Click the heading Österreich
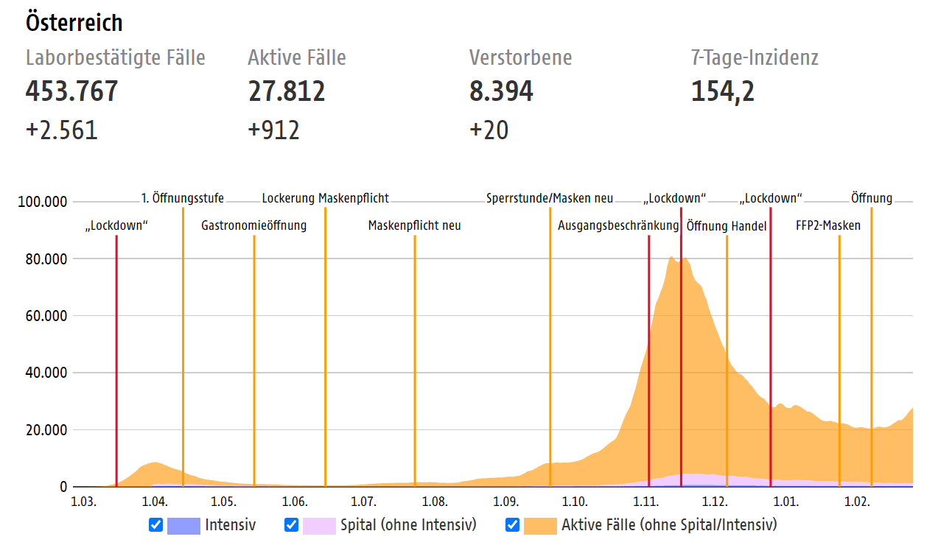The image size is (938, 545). click(x=74, y=23)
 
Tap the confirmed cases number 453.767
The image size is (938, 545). click(x=71, y=91)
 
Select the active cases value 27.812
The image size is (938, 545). click(x=286, y=91)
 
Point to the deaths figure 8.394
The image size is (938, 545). click(x=501, y=91)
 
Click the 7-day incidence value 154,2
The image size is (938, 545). click(x=722, y=91)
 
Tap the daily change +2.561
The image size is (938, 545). click(x=61, y=130)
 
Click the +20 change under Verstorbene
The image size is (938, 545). click(x=489, y=130)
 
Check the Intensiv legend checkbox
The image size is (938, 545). click(x=155, y=525)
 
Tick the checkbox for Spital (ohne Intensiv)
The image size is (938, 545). click(x=291, y=525)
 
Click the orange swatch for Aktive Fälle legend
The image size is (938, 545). click(x=539, y=525)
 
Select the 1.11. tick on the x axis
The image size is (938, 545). click(x=645, y=502)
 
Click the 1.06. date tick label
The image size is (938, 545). click(x=294, y=502)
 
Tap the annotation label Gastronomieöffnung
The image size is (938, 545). click(x=253, y=225)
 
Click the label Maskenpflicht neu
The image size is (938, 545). click(x=414, y=225)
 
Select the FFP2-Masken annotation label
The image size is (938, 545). click(x=827, y=225)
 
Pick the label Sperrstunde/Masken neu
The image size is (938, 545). click(x=549, y=198)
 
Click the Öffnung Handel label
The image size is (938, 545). click(x=727, y=226)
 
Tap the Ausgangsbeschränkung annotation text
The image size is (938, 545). click(x=617, y=225)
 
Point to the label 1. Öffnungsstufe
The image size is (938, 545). click(x=182, y=198)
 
